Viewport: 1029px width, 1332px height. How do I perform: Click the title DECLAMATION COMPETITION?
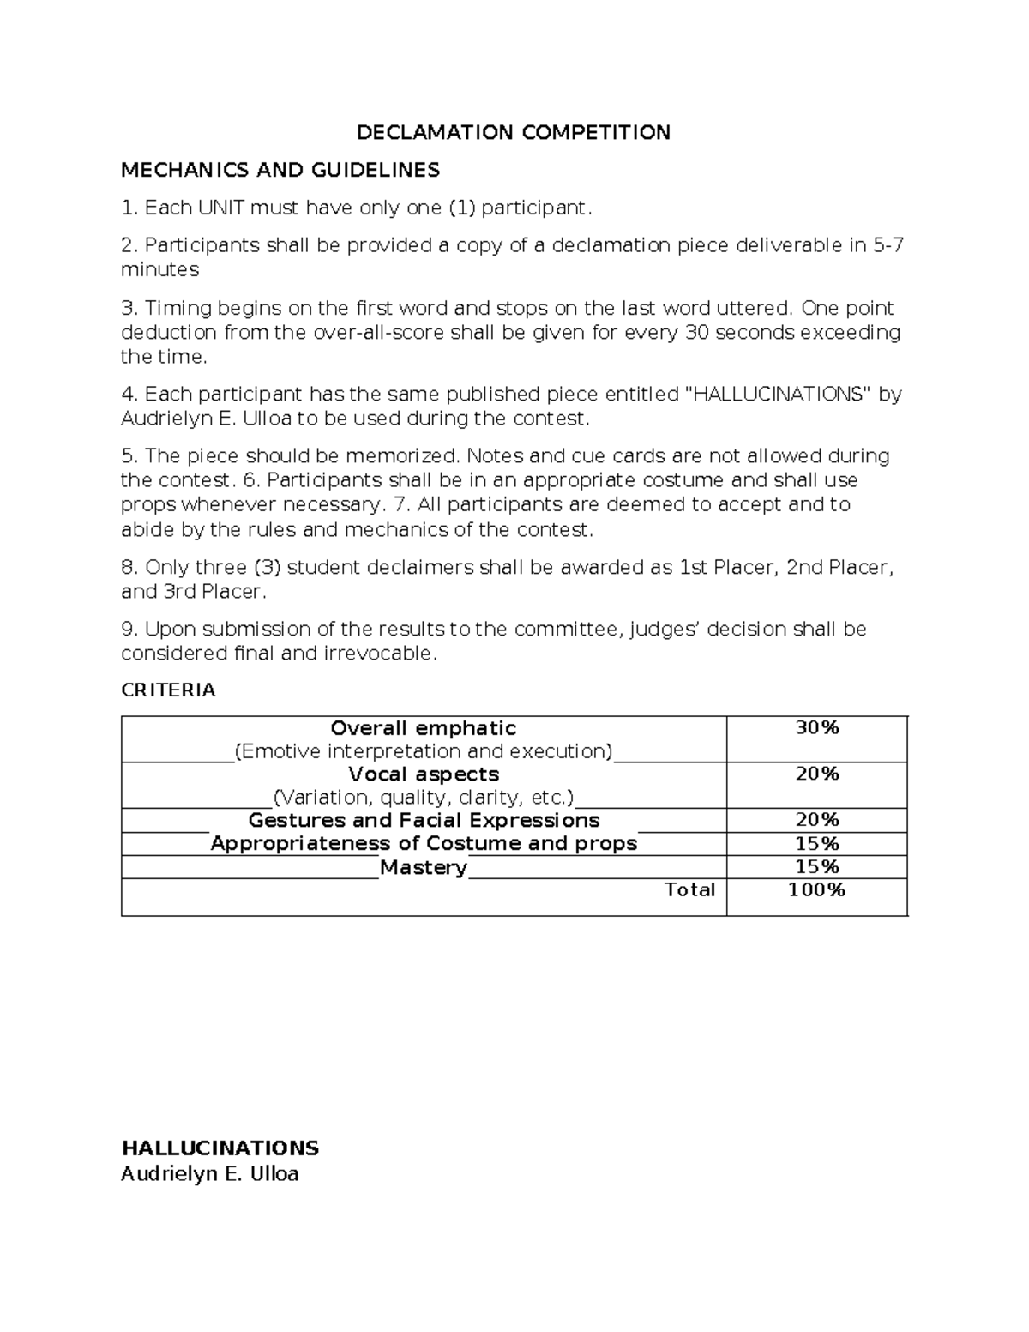coord(514,132)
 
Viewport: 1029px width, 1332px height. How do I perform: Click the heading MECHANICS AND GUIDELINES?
coord(280,170)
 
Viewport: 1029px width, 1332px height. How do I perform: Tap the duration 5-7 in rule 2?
coord(888,245)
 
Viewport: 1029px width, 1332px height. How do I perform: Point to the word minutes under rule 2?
coord(159,269)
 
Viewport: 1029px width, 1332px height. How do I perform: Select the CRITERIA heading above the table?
coord(168,690)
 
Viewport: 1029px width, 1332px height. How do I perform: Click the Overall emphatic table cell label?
coord(424,728)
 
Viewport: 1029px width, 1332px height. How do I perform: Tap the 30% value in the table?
coord(816,728)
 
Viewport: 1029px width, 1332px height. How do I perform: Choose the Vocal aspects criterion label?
coord(424,774)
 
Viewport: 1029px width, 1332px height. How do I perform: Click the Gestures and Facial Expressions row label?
coord(424,820)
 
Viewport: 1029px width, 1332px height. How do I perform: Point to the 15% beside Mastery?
coord(816,867)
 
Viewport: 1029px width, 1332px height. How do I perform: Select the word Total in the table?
coord(689,889)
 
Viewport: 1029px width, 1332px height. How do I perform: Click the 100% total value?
coord(816,889)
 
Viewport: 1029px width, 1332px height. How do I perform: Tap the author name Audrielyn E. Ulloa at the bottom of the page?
coord(210,1174)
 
